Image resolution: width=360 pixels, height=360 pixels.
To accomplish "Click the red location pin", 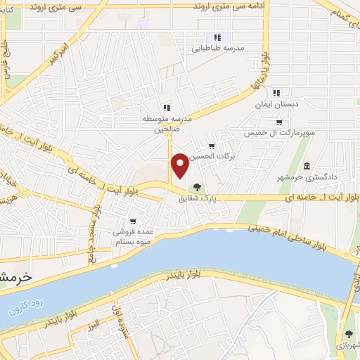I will [x=181, y=165].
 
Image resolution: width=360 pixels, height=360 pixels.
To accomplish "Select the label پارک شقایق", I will [x=198, y=199].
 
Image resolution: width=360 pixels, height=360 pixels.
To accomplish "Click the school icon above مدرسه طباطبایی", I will [x=217, y=37].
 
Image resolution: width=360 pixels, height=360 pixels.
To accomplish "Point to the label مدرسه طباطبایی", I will [x=218, y=49].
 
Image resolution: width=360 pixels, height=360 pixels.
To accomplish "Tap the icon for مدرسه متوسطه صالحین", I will [x=167, y=108].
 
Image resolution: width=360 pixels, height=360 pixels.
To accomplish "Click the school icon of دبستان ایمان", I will [x=276, y=92].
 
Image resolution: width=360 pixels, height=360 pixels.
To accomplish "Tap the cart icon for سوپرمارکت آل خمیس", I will [x=278, y=122].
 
